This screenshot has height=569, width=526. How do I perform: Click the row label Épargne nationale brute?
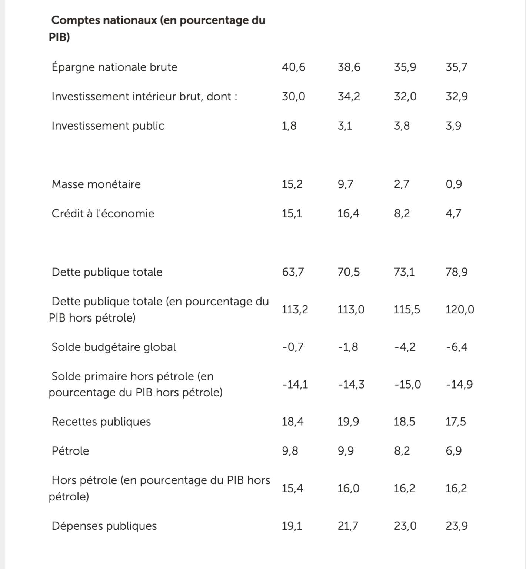point(114,67)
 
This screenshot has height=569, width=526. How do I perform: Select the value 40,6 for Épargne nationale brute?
point(293,67)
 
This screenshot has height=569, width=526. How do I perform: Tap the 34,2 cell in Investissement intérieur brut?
point(349,97)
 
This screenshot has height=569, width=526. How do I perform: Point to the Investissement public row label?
point(108,126)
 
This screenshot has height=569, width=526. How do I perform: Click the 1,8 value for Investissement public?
point(289,126)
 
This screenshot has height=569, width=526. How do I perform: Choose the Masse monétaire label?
point(96,184)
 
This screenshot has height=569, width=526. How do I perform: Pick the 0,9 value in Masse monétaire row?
point(454,184)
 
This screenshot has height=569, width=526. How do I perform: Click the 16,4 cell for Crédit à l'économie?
point(348,214)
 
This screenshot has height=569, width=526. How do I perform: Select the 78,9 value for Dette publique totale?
point(456,272)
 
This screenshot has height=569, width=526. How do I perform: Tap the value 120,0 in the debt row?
point(459,309)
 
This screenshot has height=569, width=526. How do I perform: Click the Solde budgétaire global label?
point(113,347)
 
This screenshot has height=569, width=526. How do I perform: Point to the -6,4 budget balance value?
point(456,347)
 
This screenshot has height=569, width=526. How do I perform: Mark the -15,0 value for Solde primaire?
point(407,385)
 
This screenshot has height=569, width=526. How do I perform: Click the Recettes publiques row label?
point(101,422)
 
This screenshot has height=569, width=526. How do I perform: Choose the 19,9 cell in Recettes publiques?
point(348,422)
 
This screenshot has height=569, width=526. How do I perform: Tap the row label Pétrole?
point(70,451)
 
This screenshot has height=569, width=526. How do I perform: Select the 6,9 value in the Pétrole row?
point(454,451)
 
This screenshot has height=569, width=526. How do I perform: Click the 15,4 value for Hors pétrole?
point(292,489)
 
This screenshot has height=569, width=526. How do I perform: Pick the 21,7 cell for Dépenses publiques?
point(348,526)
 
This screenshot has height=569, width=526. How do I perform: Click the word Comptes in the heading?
point(75,20)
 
